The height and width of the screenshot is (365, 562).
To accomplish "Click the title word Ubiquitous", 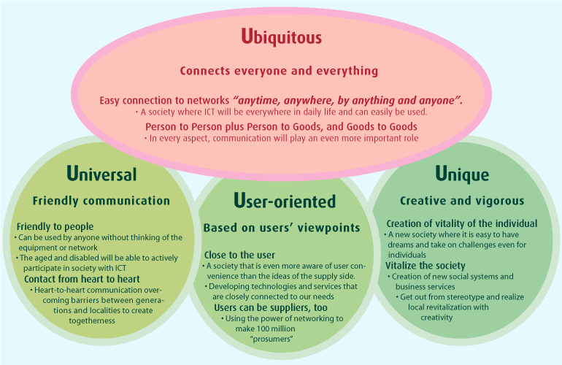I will [281, 36].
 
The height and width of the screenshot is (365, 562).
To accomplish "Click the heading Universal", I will [101, 174].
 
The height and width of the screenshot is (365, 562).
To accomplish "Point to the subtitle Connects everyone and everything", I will [279, 72].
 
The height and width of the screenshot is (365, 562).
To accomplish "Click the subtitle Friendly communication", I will [101, 201].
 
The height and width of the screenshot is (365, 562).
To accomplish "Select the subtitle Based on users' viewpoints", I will [281, 228].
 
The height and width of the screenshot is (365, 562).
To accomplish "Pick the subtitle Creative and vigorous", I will [462, 201].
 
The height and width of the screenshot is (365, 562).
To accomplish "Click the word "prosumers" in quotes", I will [271, 339].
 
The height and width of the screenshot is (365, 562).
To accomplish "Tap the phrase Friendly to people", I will [55, 227].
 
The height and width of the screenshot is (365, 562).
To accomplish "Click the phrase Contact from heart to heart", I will [82, 280].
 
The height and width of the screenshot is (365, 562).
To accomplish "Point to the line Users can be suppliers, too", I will [275, 308].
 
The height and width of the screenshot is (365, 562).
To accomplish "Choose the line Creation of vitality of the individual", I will [462, 223].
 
